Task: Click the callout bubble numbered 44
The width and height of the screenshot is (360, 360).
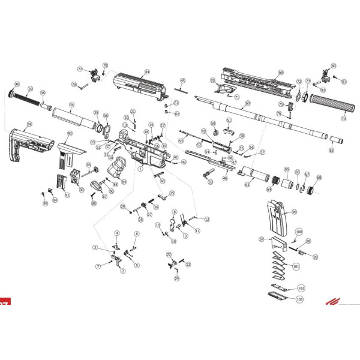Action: click(x=146, y=71)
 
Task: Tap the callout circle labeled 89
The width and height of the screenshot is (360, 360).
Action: click(x=29, y=124)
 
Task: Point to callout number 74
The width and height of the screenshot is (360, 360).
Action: click(x=344, y=119)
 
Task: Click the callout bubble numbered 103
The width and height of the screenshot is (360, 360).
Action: click(x=299, y=298)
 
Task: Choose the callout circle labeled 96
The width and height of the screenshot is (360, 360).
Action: click(x=294, y=212)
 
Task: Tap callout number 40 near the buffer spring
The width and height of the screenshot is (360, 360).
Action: click(x=17, y=84)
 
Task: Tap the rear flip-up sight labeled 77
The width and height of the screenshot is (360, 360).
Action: click(x=95, y=76)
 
